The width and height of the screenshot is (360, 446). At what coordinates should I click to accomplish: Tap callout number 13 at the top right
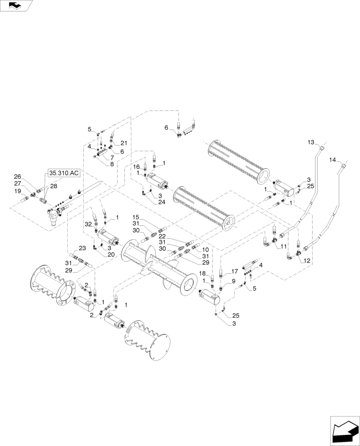(311, 142)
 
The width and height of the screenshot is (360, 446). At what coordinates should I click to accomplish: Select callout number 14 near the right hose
(332, 159)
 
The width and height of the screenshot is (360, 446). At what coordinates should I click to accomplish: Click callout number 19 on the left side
(17, 191)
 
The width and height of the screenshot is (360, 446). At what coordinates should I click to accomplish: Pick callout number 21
(124, 143)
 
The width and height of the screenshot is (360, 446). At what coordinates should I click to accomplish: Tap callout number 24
(161, 202)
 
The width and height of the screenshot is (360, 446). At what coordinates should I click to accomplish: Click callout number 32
(88, 225)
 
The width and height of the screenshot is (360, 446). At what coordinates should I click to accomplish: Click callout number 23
(82, 248)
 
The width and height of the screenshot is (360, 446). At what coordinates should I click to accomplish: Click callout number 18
(202, 273)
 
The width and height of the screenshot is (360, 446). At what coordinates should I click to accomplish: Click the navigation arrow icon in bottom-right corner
(344, 432)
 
